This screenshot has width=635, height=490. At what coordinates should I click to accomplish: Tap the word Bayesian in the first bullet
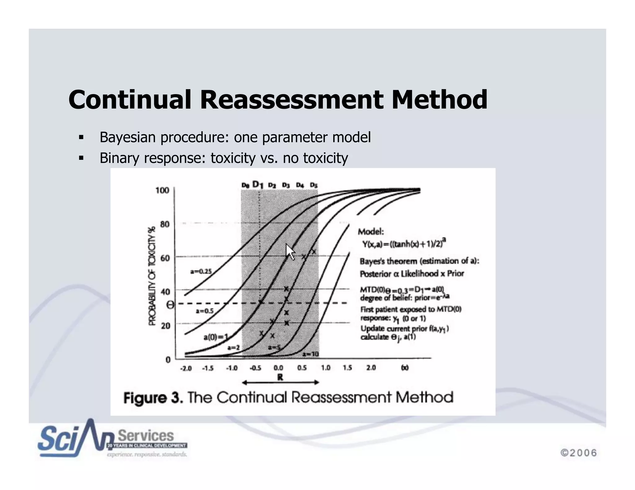coord(127,137)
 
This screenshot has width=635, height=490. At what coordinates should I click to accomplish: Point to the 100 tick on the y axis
coord(162,190)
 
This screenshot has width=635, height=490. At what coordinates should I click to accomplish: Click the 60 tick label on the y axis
coord(165,258)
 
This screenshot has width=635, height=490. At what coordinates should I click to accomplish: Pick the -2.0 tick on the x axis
coord(186,368)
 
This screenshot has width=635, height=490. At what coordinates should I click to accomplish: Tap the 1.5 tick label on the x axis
coord(347,368)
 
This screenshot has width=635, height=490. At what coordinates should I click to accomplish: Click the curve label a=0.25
coord(201,271)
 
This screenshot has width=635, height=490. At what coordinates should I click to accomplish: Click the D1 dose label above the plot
coord(258,185)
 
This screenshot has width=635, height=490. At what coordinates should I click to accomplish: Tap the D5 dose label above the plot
coord(314,185)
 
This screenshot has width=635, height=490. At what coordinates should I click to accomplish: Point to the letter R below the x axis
coord(280,377)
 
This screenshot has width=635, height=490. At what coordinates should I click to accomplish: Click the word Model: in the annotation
coord(371,231)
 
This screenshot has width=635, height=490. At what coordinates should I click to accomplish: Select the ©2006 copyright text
coord(579,453)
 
